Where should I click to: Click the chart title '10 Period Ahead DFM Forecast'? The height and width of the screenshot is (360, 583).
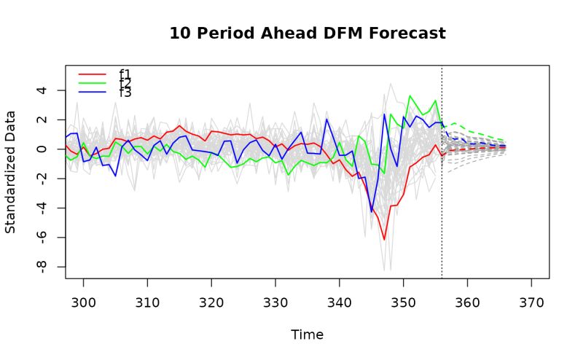(x=307, y=34)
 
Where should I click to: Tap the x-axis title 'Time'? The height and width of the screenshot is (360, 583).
(x=307, y=334)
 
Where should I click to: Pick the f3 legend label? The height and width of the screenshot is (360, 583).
(x=125, y=93)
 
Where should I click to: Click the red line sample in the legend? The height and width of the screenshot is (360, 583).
(x=92, y=74)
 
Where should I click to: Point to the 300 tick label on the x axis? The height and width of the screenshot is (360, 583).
(x=84, y=301)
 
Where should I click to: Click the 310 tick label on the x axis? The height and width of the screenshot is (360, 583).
(x=147, y=301)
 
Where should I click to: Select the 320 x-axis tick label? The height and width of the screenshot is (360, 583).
(x=211, y=301)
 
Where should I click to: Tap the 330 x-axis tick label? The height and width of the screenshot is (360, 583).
(x=275, y=301)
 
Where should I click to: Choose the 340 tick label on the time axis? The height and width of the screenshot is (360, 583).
(x=340, y=301)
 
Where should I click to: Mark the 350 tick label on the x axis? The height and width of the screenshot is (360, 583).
(x=403, y=301)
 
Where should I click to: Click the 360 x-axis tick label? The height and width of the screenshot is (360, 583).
(x=467, y=301)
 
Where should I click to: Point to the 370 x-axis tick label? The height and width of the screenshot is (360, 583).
(x=531, y=301)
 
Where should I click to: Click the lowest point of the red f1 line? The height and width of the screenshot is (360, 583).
(x=384, y=239)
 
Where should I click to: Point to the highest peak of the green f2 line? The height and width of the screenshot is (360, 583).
(x=410, y=95)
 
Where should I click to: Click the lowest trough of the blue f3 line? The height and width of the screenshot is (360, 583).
(x=372, y=212)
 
